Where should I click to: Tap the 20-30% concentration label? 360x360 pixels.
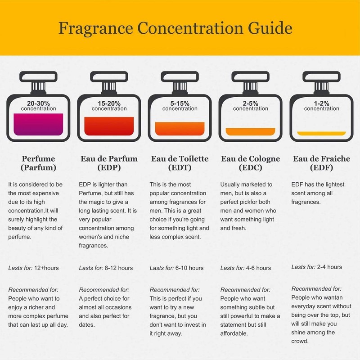coord(38,106)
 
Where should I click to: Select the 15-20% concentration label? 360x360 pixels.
coord(109,106)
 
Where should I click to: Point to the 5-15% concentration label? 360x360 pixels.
coord(180,106)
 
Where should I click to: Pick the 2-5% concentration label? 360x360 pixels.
coord(251,106)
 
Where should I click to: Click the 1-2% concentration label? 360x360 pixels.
coord(321,106)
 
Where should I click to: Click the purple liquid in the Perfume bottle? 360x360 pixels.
coord(38,124)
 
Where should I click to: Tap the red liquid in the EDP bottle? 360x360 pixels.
coord(109,126)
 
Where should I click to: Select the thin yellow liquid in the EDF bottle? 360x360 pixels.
coord(321,133)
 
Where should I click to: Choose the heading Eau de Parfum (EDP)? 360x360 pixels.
coord(109,163)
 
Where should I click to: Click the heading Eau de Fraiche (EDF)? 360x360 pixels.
coord(321,163)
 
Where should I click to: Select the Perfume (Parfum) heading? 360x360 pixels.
coord(38,163)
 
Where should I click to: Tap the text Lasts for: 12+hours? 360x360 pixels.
coord(34,268)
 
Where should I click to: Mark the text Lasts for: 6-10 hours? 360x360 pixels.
coord(176,268)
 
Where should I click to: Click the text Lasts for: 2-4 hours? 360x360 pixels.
coord(317,267)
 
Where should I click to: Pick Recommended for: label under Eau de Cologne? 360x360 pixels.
coord(245,290)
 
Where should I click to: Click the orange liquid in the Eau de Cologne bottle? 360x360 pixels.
coord(251,131)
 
